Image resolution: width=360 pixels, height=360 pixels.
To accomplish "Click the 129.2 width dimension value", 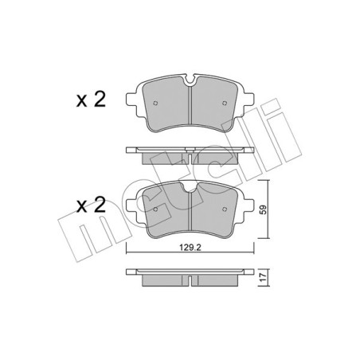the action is pyautogui.click(x=190, y=248).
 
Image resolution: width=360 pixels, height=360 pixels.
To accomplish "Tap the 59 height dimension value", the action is pyautogui.click(x=264, y=209).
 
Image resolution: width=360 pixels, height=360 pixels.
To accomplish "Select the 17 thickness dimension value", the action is pyautogui.click(x=264, y=278).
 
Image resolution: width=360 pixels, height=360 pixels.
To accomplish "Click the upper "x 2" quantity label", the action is pyautogui.click(x=91, y=100).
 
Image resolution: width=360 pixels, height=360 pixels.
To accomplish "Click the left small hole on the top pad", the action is pyautogui.click(x=155, y=103).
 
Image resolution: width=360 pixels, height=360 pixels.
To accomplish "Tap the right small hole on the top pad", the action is pyautogui.click(x=225, y=103).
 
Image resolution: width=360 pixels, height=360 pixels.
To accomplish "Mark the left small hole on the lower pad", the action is pyautogui.click(x=155, y=209).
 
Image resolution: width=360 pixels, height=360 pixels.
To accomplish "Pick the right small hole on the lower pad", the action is pyautogui.click(x=225, y=209).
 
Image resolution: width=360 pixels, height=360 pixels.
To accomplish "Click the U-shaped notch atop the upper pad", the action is pyautogui.click(x=190, y=80).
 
